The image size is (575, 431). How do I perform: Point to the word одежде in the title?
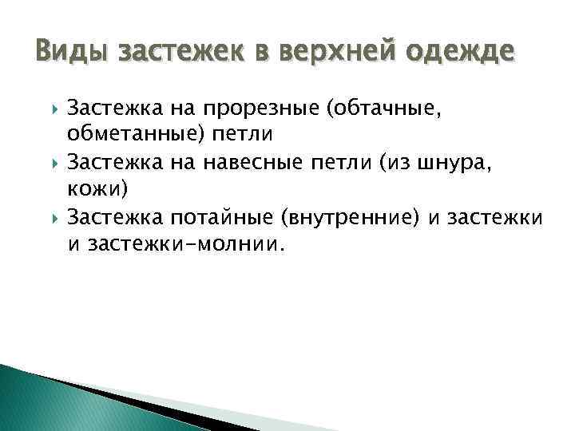[x=463, y=53]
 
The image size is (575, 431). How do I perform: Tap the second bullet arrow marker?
[x=54, y=164]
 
